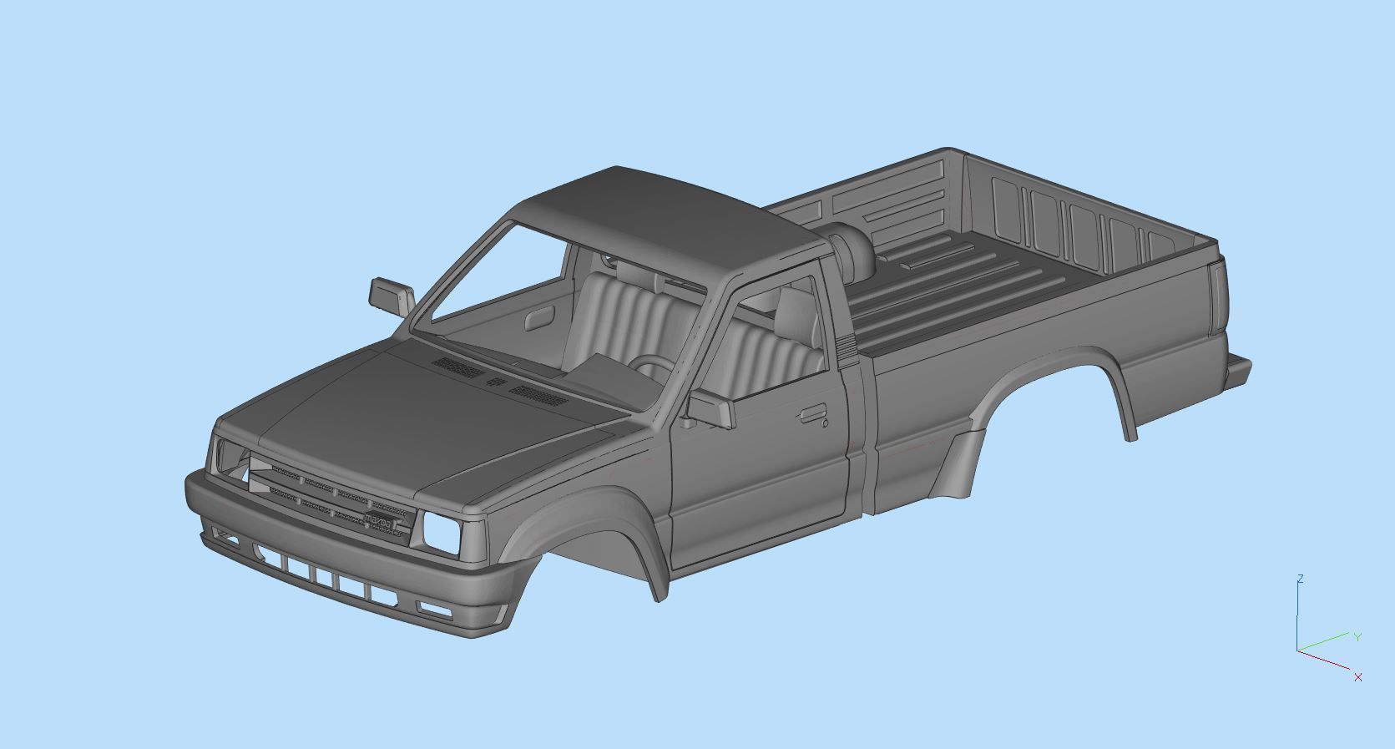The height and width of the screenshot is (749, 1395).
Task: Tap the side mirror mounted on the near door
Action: coord(712,409)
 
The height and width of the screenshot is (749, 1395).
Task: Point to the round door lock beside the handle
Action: coord(825,423)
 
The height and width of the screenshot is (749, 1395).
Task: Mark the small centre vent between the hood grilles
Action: coord(496,382)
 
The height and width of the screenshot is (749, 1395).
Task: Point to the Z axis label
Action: coord(1301,579)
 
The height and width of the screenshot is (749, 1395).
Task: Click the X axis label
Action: coord(1358,677)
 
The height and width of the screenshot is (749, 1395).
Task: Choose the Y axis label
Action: coord(1357,637)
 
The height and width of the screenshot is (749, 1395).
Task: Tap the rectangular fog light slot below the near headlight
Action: coord(435,609)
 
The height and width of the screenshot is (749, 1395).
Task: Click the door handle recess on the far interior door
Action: coord(538,317)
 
